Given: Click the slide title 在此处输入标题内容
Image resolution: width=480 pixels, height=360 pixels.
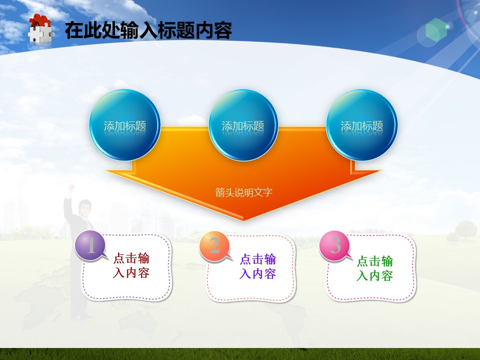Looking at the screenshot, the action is tap(148, 30).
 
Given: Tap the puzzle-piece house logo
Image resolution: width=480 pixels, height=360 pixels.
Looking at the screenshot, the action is tap(40, 29).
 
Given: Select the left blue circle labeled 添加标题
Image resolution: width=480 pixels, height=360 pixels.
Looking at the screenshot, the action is tap(125, 125).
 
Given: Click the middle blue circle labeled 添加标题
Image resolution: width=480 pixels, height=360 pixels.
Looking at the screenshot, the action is tap(243, 125).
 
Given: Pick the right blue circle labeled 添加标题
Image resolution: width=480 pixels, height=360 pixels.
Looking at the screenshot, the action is tap(362, 125).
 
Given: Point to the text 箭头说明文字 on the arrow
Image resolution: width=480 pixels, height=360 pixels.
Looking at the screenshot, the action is tap(243, 192).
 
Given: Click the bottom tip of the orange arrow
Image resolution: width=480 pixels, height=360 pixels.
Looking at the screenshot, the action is tap(243, 220).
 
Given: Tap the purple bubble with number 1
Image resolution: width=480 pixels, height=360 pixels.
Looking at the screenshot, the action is tap(90, 245).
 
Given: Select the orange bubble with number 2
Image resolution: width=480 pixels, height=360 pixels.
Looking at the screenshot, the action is tap(214, 246).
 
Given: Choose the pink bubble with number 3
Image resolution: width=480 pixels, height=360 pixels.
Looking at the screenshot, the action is tap(335, 246).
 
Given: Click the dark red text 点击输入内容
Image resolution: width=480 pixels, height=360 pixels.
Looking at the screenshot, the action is tap(131, 265).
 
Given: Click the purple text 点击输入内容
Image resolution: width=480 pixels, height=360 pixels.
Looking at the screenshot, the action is tap(258, 266).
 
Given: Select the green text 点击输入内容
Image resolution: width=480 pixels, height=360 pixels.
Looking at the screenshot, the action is tap(374, 268).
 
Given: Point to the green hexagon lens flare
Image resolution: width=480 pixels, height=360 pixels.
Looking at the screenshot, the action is tap(436, 29).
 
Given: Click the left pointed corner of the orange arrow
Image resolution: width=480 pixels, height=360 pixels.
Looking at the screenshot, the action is tap(105, 170).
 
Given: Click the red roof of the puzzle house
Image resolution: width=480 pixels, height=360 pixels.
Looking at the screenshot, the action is tap(40, 20).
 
